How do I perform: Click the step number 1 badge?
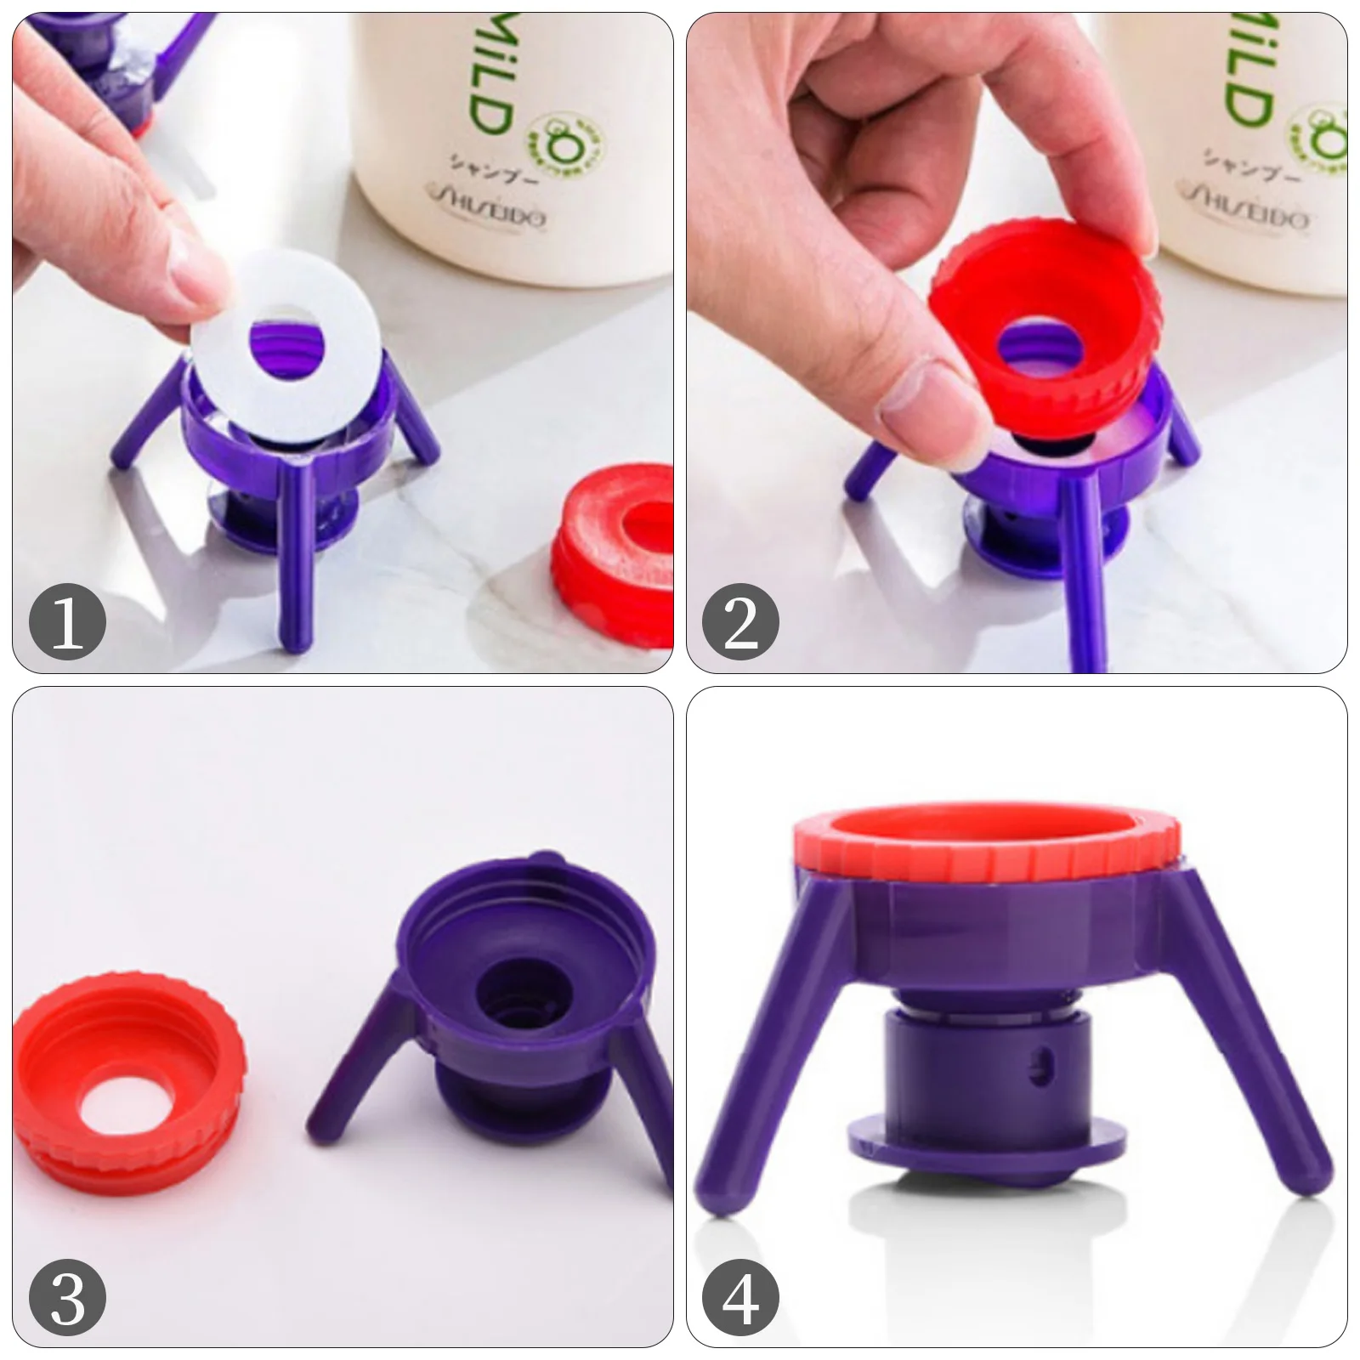pyautogui.click(x=67, y=623)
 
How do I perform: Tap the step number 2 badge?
pyautogui.click(x=739, y=623)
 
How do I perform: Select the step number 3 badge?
pyautogui.click(x=67, y=1299)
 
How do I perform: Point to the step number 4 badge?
pyautogui.click(x=739, y=1299)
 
